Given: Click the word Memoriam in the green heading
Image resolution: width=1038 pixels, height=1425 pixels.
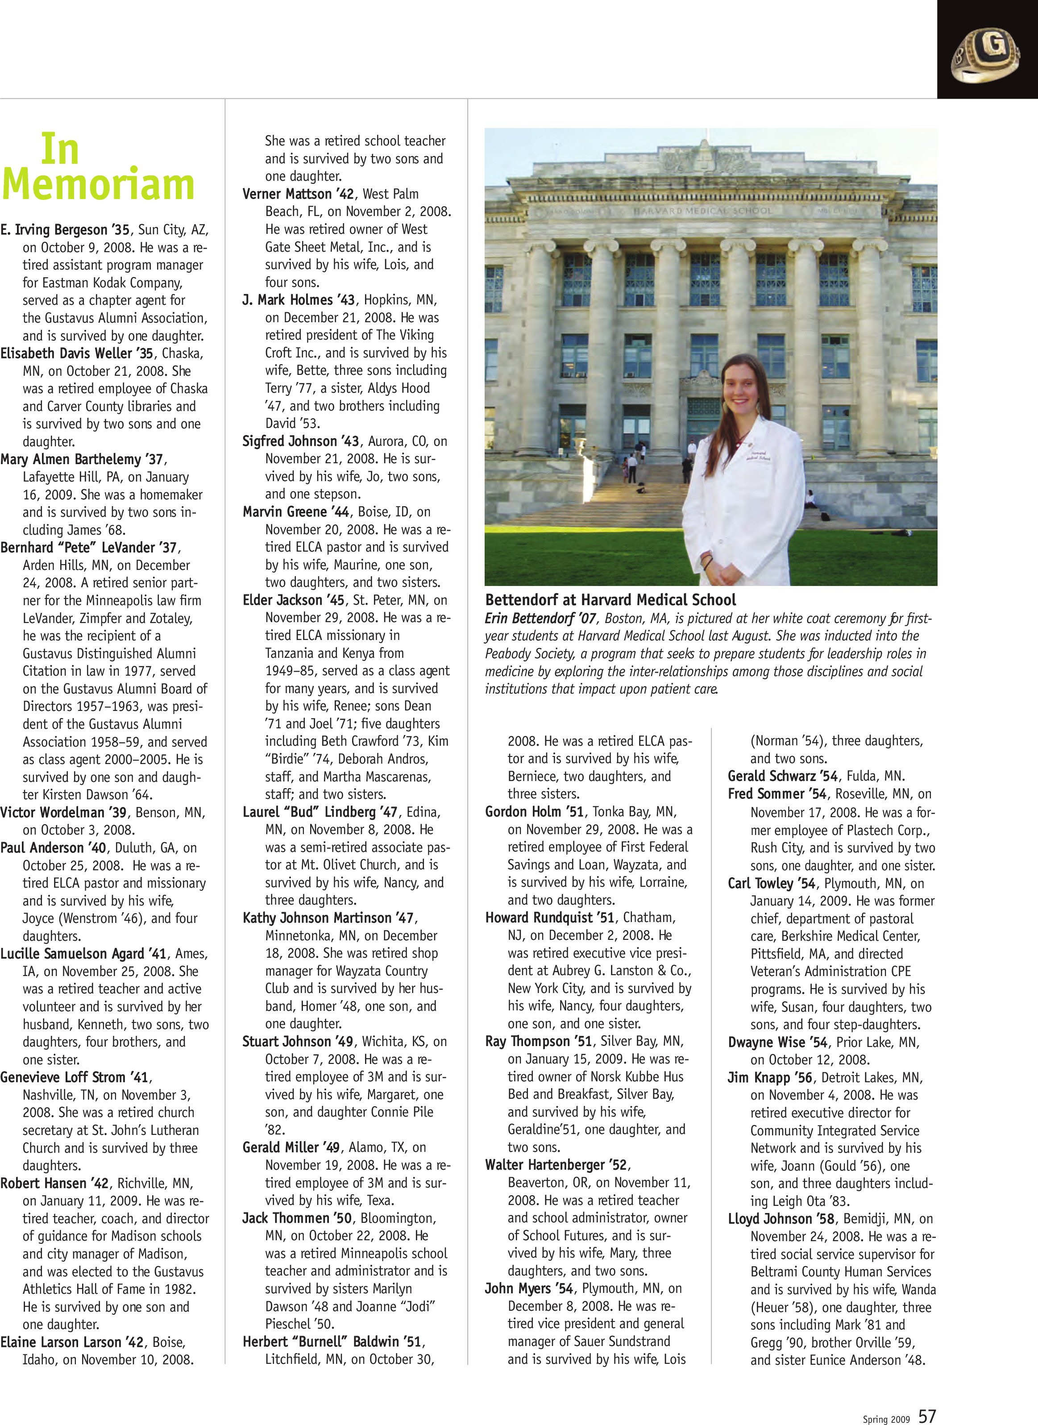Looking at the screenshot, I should click(99, 185).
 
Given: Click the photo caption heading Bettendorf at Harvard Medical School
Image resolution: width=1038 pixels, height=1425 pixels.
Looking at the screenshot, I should click(610, 599).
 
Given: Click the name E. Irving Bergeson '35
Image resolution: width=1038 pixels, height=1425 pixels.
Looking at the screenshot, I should click(65, 230).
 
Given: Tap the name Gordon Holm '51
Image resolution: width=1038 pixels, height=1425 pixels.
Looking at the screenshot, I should click(534, 812).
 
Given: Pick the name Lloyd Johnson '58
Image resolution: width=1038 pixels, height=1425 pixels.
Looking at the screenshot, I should click(781, 1219).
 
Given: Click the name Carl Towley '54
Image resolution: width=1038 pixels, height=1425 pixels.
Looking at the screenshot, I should click(772, 883).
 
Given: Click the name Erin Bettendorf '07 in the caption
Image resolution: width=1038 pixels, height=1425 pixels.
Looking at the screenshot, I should click(541, 618).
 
